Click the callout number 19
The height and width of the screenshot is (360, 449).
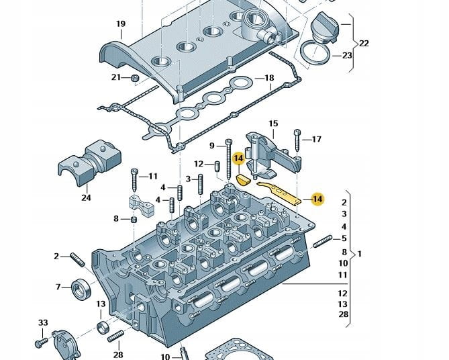120,25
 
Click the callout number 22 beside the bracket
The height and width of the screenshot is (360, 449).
364,44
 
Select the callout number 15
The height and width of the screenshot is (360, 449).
273,124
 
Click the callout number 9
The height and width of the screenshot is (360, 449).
211,146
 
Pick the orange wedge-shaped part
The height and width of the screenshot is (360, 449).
244,179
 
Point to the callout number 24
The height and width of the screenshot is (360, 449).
86,197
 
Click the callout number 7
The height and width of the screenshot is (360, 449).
58,287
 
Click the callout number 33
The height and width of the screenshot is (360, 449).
43,323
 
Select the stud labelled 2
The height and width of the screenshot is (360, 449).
74,257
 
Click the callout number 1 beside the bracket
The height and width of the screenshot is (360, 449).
360,255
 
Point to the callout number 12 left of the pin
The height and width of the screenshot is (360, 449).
199,164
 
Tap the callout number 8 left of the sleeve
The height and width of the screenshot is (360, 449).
116,218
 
